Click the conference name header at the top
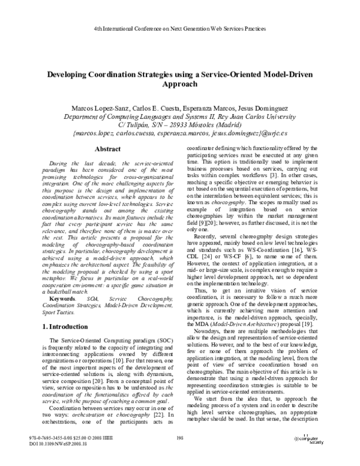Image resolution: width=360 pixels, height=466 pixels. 180,29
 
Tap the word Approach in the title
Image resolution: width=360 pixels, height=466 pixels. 179,85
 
